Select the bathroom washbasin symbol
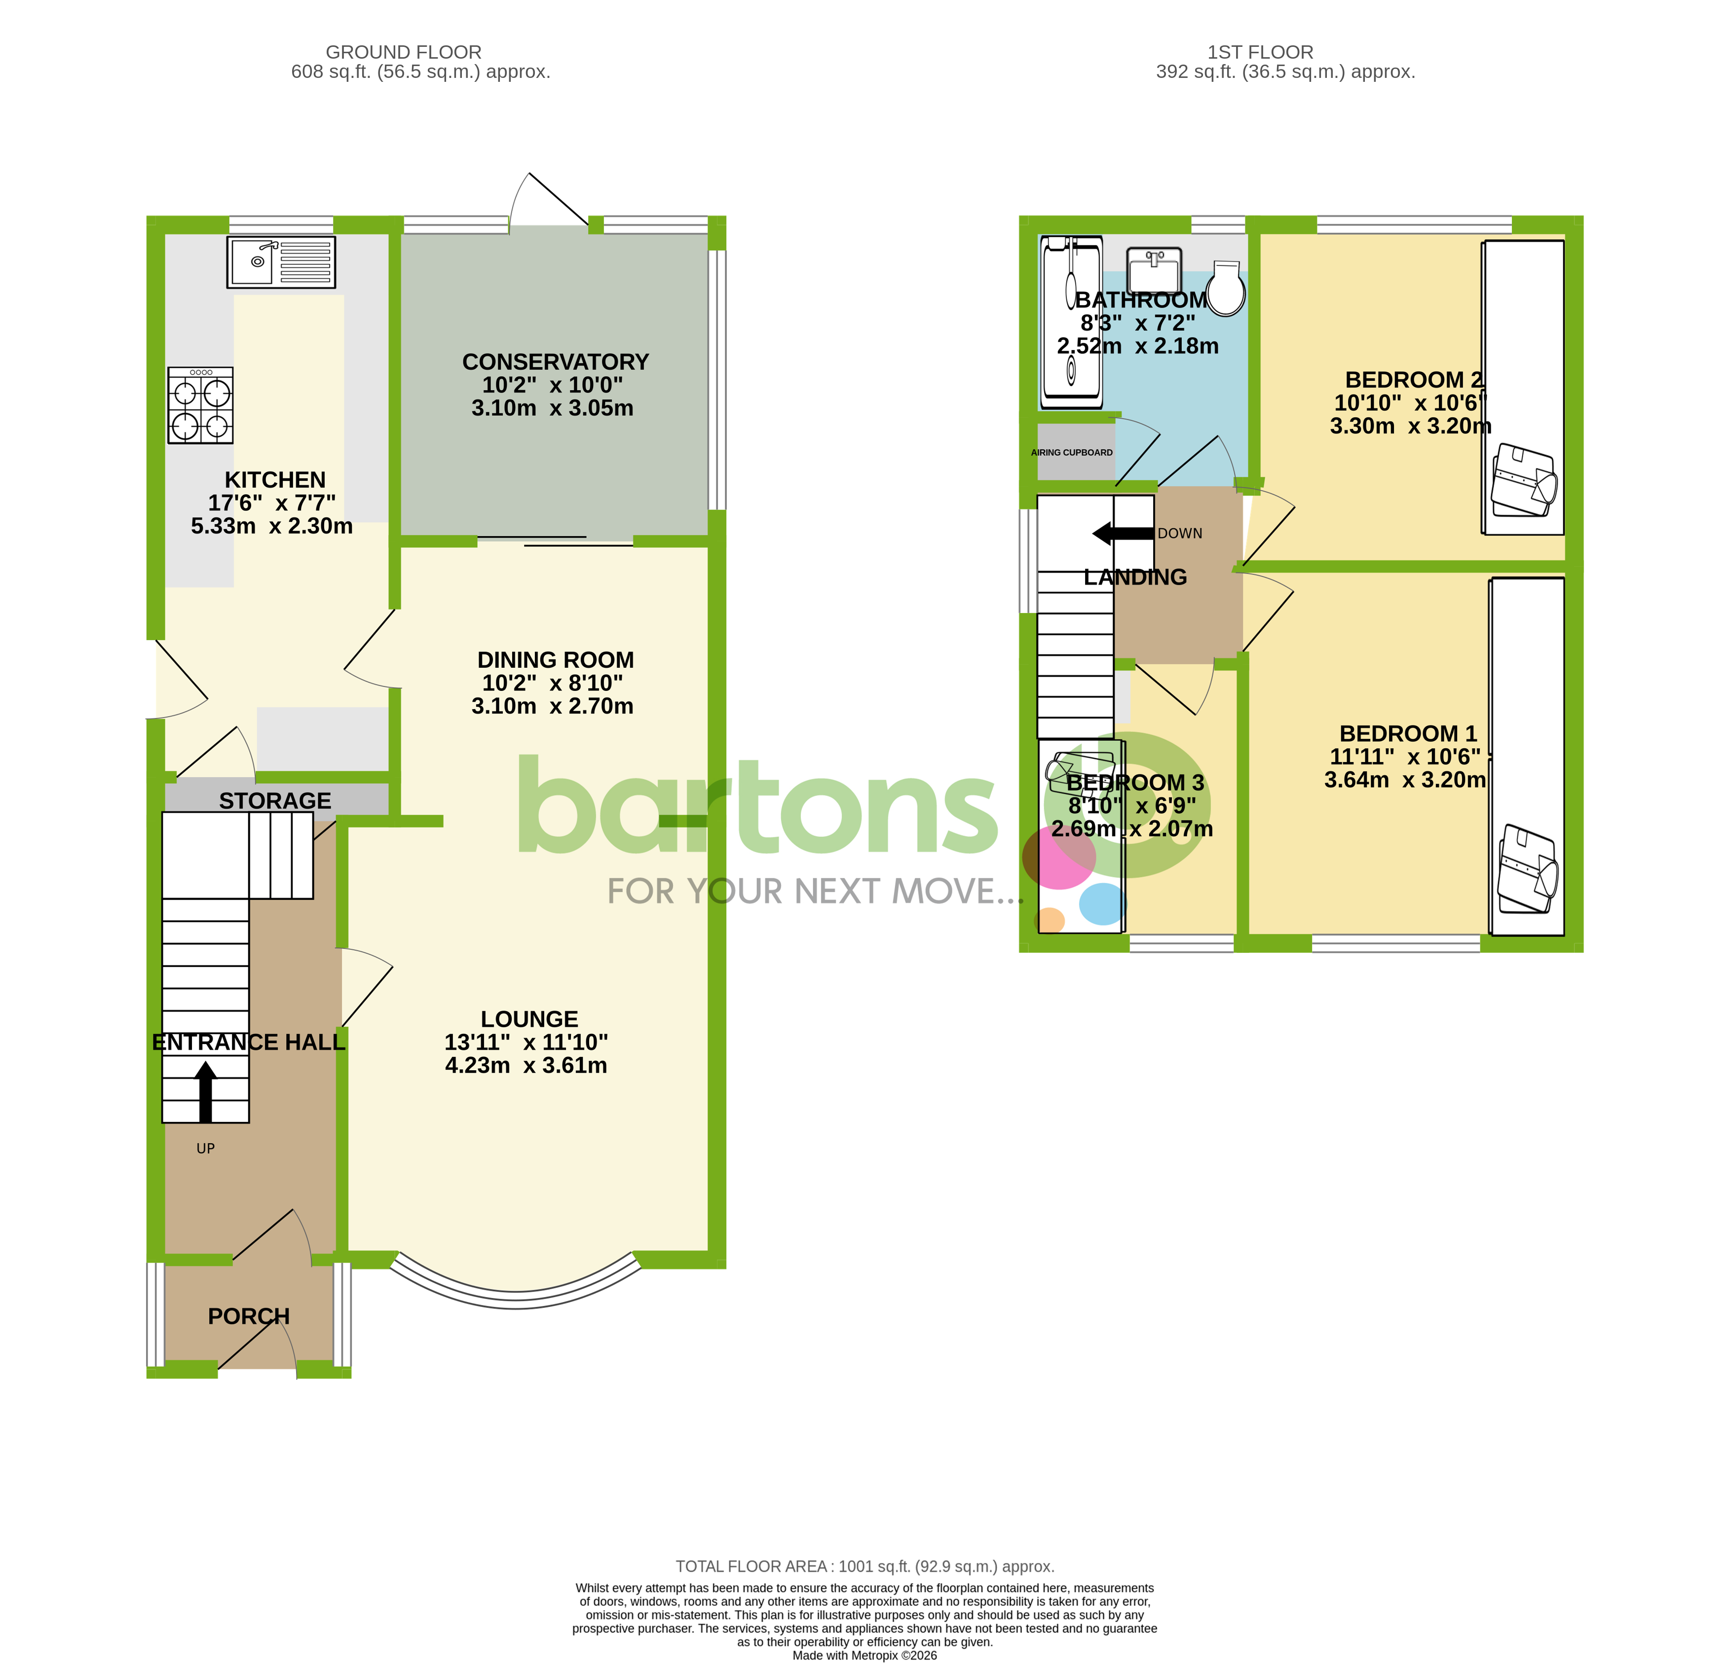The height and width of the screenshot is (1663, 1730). coord(1155,269)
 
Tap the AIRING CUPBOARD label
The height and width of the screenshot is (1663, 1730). coord(1072,453)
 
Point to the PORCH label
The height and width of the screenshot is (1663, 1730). coord(248,1316)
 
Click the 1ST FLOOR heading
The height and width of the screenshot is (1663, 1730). coord(1260,52)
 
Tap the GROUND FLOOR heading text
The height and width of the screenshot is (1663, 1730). coord(403,52)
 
